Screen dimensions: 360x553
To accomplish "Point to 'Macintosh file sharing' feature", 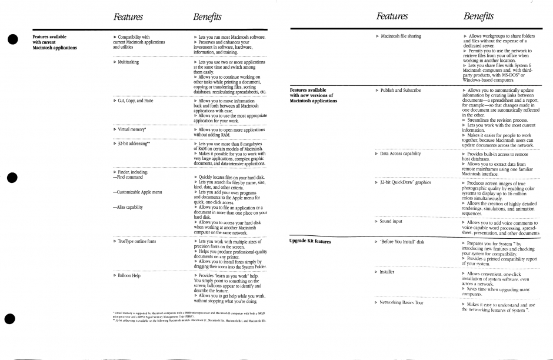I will point(401,36).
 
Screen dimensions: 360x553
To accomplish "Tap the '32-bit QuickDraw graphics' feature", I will point(406,182).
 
